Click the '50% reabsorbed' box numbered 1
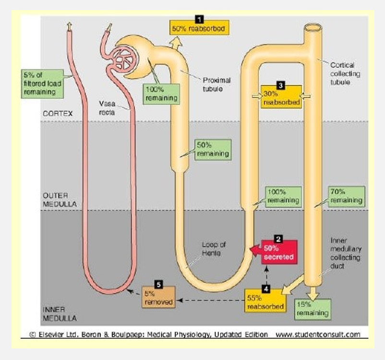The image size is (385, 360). coord(198,28)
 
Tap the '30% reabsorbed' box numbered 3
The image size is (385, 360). coord(281,98)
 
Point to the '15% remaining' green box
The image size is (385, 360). coord(313,309)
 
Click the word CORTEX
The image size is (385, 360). coord(57,114)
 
